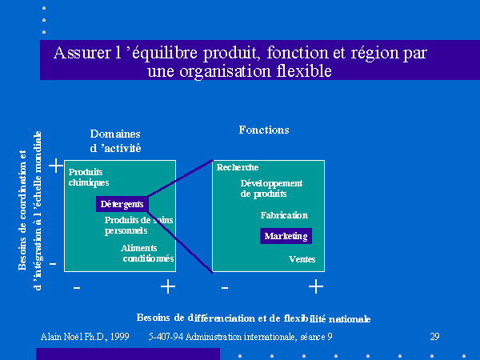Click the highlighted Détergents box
point(122,204)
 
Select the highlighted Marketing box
point(286,236)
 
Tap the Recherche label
point(238,167)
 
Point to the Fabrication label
point(284,215)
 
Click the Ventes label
point(302,259)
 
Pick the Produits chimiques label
point(89,178)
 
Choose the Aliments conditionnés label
point(147,253)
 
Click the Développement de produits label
point(271,189)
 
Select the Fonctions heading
point(264,130)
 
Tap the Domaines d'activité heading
point(115,141)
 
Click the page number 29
point(434,337)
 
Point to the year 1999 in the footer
point(120,337)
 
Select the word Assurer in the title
point(82,53)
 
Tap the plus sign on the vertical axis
point(56,166)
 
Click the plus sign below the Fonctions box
point(316,287)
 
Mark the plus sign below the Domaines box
point(168,287)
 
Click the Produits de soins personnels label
point(138,226)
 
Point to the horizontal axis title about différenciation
point(254,318)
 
